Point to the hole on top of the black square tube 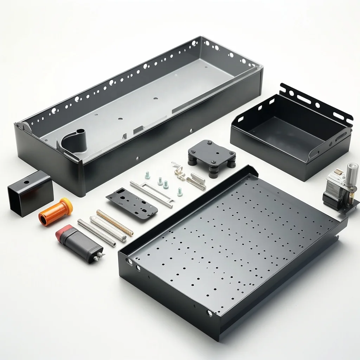coord(26,183)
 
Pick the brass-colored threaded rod coord(115,223)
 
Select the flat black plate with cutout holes coord(132,203)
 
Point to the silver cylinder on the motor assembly coord(352,173)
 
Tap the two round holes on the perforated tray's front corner coord(133,264)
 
